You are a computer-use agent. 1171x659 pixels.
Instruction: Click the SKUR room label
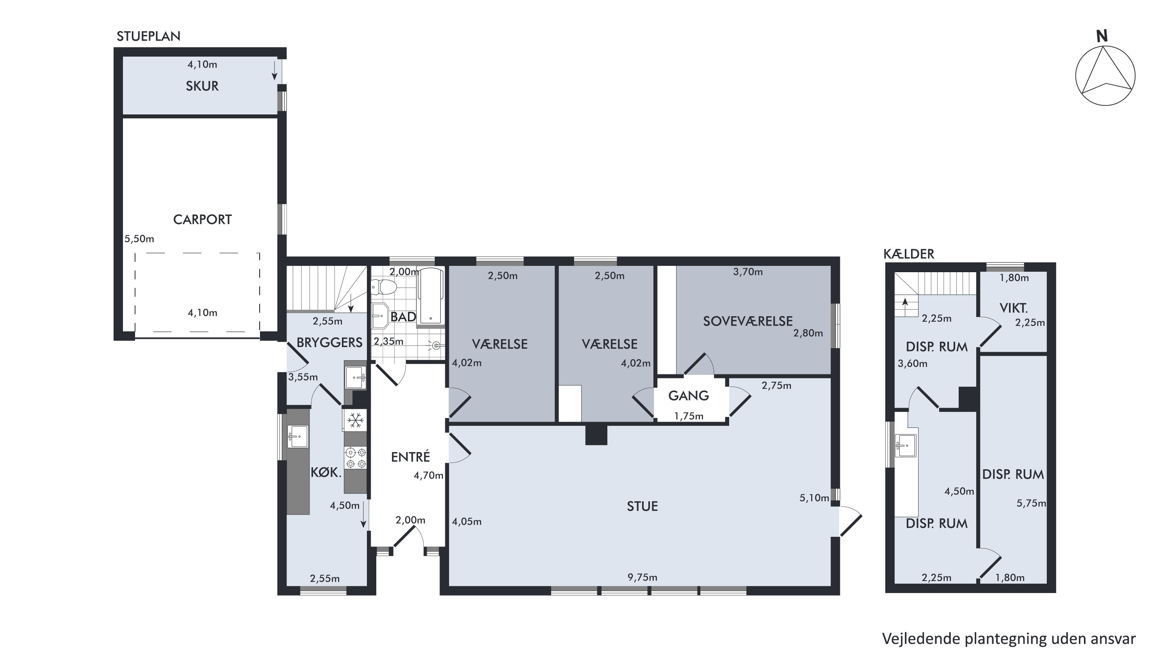click(x=202, y=86)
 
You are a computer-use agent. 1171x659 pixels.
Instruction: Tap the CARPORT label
click(x=202, y=220)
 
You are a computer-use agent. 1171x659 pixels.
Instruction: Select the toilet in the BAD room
click(x=384, y=287)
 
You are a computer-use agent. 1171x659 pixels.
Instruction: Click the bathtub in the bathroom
click(x=431, y=297)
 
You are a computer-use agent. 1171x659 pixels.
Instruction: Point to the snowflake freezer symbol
click(x=356, y=420)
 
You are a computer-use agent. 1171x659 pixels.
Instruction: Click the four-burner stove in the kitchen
click(x=356, y=458)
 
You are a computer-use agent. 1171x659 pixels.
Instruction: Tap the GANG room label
click(x=689, y=395)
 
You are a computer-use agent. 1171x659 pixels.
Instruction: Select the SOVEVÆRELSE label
click(x=748, y=321)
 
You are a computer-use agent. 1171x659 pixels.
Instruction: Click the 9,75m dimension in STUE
click(x=642, y=577)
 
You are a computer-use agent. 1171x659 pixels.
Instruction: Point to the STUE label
click(x=642, y=506)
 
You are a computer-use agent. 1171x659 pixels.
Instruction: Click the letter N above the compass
click(x=1102, y=36)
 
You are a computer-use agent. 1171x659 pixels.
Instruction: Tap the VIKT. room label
click(x=1014, y=308)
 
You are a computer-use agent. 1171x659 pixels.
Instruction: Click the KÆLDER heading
click(x=909, y=254)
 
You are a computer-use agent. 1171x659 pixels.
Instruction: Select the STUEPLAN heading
click(x=149, y=36)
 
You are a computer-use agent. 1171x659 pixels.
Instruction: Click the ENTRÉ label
click(x=411, y=457)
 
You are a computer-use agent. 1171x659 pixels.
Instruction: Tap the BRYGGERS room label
click(x=329, y=342)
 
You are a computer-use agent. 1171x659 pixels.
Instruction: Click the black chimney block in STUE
click(x=596, y=435)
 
